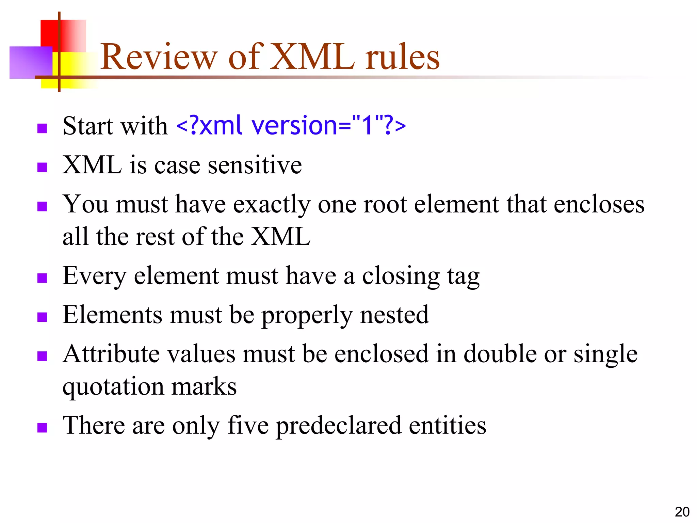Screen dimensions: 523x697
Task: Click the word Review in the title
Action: (159, 57)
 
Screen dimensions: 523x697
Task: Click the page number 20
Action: (682, 512)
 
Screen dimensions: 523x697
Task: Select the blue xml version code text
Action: (291, 125)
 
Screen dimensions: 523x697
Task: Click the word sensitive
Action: (255, 165)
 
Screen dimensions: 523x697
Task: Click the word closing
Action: (401, 276)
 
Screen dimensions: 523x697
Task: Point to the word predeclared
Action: (338, 426)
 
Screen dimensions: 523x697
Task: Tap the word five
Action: (248, 425)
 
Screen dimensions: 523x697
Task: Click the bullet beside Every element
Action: (42, 278)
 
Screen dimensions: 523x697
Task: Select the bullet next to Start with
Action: (42, 128)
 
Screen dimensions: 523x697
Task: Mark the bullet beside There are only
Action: (42, 428)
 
